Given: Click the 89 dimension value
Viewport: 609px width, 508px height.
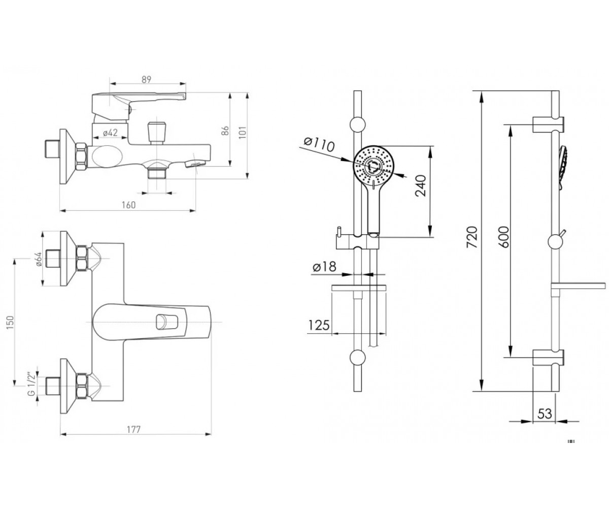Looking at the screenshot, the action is (147, 79).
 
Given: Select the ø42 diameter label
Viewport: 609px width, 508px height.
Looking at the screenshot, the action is (110, 133).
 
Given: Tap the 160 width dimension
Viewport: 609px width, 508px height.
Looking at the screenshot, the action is (128, 205).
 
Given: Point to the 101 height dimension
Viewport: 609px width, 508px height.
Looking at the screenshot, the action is (243, 133).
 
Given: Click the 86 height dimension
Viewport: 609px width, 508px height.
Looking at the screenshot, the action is (225, 131).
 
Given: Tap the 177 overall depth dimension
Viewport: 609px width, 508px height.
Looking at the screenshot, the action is (133, 429).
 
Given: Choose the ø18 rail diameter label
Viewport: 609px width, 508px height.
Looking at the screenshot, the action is (324, 267).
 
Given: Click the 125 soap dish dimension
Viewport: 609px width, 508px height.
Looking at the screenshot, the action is (319, 325).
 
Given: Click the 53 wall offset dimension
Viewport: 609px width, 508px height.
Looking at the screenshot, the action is (545, 414).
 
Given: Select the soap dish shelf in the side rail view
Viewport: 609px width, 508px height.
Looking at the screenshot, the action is (578, 286).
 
